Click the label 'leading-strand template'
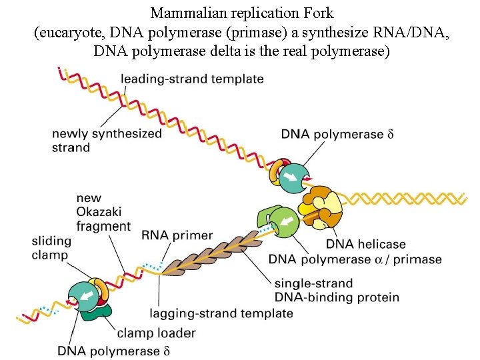pyautogui.click(x=192, y=79)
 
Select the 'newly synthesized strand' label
pyautogui.click(x=107, y=140)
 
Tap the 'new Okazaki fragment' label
pyautogui.click(x=103, y=212)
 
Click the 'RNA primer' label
pyautogui.click(x=177, y=235)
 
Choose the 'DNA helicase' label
pyautogui.click(x=365, y=244)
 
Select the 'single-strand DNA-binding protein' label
pyautogui.click(x=336, y=290)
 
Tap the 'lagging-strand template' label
pyautogui.click(x=221, y=313)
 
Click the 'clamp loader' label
pyautogui.click(x=156, y=333)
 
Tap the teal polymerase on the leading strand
pyautogui.click(x=293, y=177)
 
